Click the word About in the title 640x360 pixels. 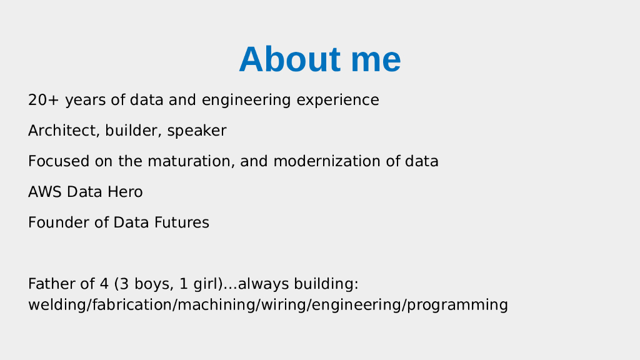290,59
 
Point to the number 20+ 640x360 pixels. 44,100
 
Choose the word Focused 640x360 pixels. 59,161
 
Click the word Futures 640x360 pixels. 182,222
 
